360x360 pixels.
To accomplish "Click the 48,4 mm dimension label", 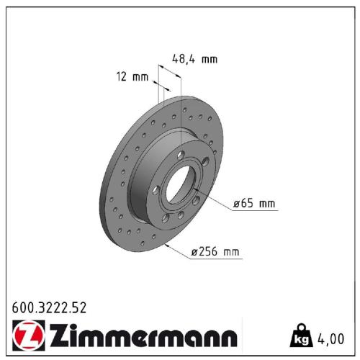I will tap(194, 59).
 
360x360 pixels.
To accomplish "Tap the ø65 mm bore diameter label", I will tap(254, 204).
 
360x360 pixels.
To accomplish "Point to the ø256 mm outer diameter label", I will tap(215, 252).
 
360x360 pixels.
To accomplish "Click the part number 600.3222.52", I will tap(50, 307).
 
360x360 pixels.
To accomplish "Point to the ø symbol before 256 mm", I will tap(194, 252).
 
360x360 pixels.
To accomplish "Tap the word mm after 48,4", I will tap(209, 59).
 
